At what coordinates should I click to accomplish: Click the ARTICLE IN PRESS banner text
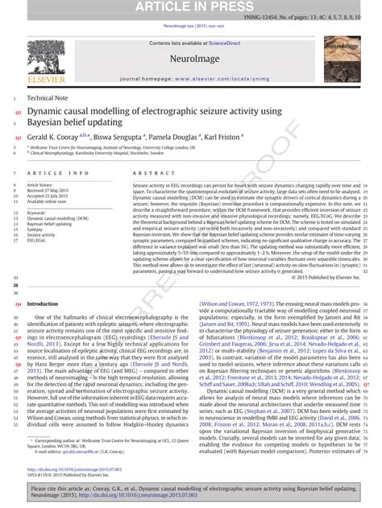(190, 7)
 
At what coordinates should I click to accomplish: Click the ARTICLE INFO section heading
(58, 173)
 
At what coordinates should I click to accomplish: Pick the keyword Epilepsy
(36, 229)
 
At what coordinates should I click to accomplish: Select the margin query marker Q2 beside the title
(18, 114)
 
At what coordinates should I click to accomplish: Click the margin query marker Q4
(18, 304)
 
